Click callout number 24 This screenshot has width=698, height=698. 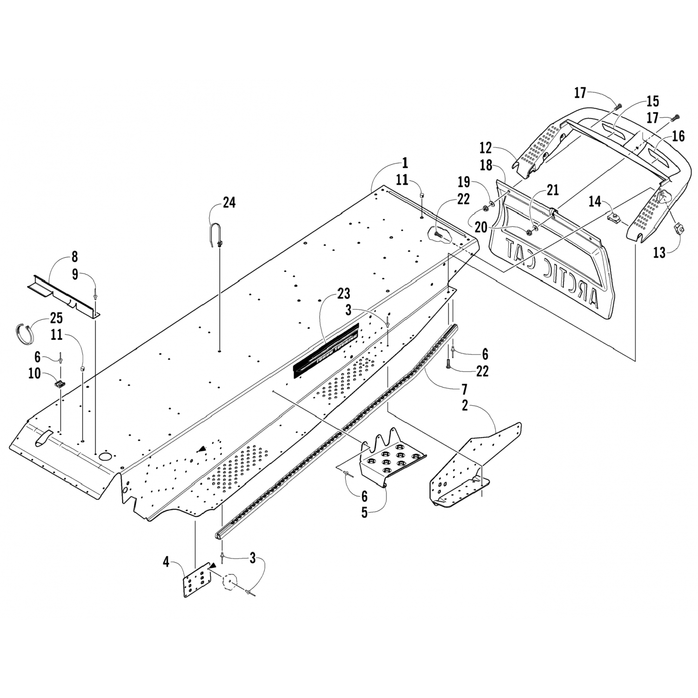click(229, 202)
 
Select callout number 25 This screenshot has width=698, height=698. click(56, 319)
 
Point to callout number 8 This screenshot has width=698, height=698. click(74, 256)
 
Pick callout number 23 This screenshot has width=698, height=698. click(344, 294)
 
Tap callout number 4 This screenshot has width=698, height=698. click(166, 562)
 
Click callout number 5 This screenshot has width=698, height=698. click(364, 513)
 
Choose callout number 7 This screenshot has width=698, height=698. click(464, 389)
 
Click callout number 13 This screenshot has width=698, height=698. click(659, 253)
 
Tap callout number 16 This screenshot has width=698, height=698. click(678, 136)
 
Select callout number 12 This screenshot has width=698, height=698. click(485, 148)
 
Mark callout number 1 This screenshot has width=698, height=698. click(405, 163)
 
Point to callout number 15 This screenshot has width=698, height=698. click(652, 101)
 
